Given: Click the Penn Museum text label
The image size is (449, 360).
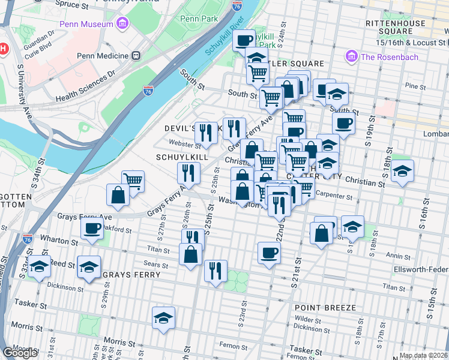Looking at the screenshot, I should coord(86,24).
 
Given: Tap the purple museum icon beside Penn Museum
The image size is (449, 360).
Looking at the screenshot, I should coord(122,24).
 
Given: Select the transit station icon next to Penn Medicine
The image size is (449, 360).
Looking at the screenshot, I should coord(136,56).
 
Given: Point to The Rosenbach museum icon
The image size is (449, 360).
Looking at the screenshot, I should coord(351,57).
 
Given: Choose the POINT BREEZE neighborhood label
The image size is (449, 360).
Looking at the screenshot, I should coord(325,308).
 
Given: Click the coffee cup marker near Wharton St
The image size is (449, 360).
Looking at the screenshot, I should coord(92,228).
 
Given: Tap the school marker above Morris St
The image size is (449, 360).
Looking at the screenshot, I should coord(163,317).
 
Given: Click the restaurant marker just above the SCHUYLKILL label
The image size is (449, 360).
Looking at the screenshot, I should coord(206,133).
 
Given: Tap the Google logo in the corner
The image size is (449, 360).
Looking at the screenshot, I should coord(20,353).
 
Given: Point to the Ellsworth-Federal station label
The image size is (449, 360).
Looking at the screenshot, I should coord(421,268).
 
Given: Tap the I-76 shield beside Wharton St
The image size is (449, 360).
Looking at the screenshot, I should coord(27,239).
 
